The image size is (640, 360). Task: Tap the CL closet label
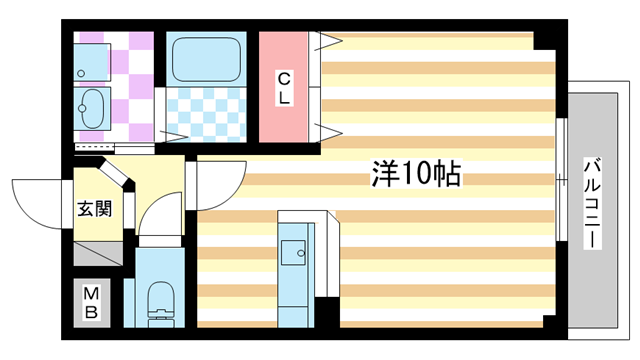[284, 88]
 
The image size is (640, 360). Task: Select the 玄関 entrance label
[95, 210]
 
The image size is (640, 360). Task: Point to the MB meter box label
[91, 301]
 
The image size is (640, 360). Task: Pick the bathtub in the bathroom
[206, 59]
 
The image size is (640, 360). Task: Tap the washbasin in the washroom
[94, 105]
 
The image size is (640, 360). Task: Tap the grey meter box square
[91, 301]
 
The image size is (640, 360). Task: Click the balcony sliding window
[560, 180]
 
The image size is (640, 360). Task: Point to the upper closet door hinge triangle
[326, 42]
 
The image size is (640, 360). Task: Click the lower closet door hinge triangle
[326, 130]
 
